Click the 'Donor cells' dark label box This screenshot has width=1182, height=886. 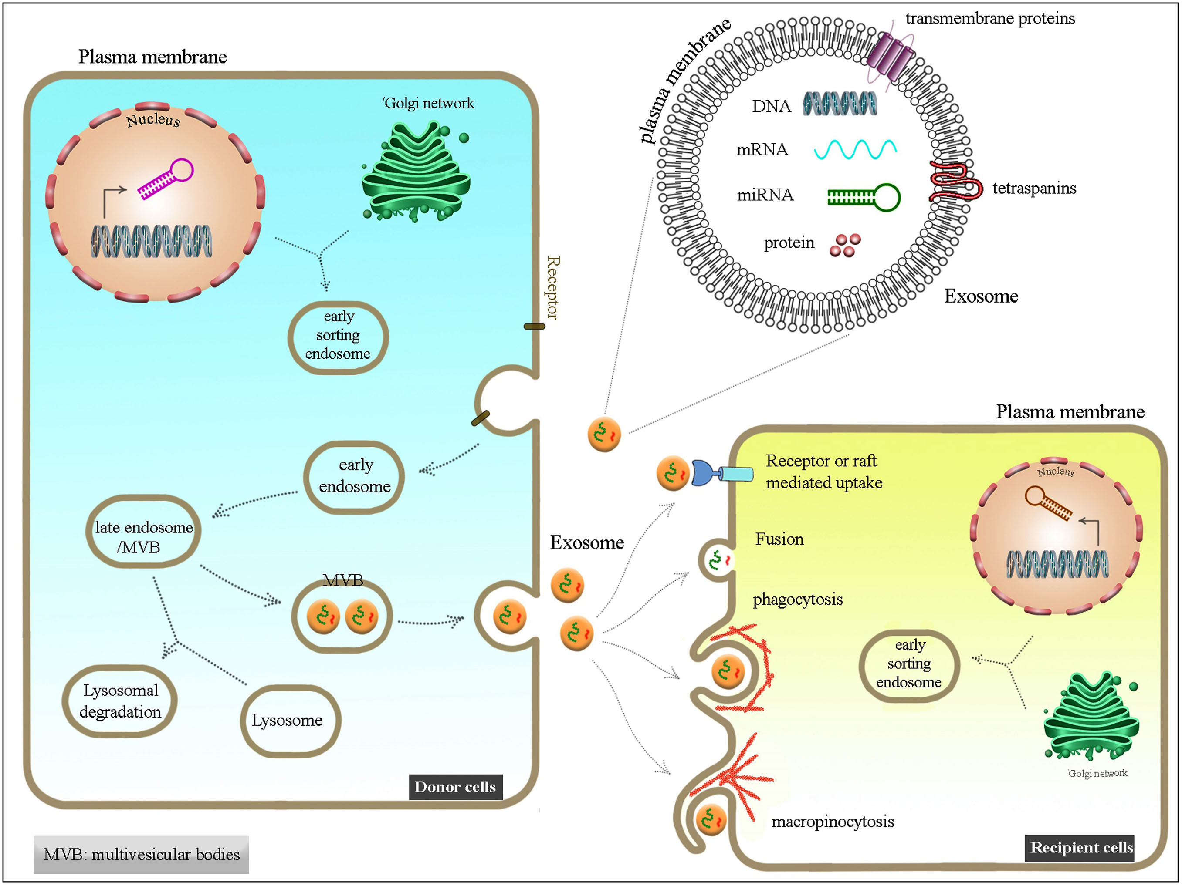click(455, 787)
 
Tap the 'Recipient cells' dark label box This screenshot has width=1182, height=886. click(1080, 848)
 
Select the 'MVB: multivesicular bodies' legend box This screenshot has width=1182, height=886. click(141, 855)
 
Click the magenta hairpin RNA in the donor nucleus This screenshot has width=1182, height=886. click(166, 179)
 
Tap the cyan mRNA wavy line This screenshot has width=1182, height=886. click(855, 149)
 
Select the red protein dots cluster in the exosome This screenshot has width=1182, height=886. click(845, 245)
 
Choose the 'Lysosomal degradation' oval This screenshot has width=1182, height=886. click(120, 701)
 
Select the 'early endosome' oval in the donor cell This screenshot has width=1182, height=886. click(354, 476)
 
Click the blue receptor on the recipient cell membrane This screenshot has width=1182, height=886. click(721, 473)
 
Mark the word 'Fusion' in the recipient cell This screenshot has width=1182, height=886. click(779, 539)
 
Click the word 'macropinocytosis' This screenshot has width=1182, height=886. click(833, 822)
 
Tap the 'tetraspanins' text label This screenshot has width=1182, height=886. click(1034, 188)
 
